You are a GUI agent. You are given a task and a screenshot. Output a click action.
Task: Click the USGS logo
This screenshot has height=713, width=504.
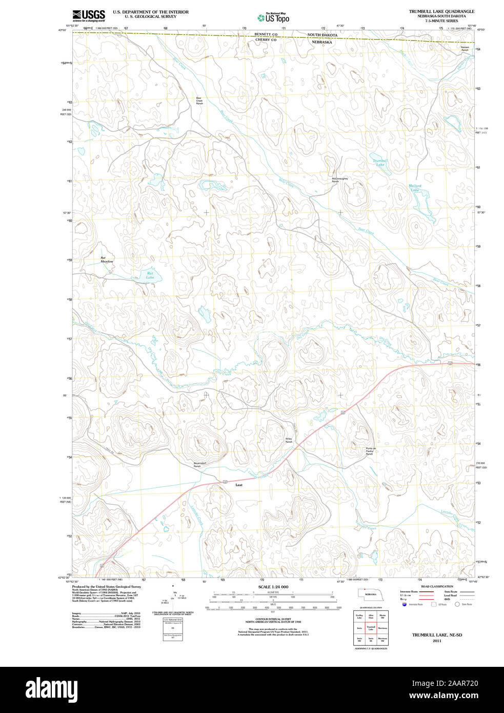88,15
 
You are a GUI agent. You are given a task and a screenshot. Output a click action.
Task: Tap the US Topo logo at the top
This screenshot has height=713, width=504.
274,17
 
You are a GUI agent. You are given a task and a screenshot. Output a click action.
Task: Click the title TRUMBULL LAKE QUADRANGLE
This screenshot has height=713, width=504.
441,11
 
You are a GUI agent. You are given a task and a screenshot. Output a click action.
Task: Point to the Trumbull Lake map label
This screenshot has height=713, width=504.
380,163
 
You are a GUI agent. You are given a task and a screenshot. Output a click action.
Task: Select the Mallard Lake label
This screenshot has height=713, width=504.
415,188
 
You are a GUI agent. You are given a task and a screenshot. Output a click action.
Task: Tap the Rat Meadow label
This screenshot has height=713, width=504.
106,260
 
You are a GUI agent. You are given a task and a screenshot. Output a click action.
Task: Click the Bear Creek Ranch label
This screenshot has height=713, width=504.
199,101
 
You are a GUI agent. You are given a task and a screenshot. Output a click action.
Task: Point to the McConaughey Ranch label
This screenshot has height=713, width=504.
339,180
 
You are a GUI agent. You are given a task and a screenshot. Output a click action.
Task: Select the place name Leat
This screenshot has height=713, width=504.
238,485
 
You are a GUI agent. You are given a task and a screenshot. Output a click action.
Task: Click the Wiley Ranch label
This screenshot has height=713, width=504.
289,440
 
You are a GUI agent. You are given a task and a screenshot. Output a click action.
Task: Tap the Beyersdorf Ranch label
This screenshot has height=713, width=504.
200,464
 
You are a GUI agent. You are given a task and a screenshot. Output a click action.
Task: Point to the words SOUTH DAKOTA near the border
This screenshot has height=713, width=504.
322,34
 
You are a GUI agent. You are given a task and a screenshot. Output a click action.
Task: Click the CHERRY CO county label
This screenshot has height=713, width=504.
266,39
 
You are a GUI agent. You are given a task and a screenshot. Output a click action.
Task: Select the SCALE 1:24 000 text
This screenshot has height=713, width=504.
273,587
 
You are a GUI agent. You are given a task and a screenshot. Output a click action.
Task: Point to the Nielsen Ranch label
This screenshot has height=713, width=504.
465,48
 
